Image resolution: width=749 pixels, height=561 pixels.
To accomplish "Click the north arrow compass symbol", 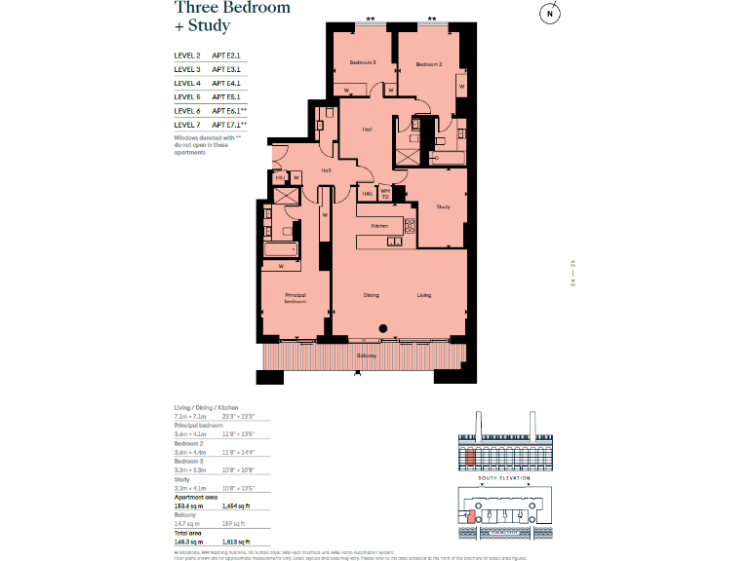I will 551,14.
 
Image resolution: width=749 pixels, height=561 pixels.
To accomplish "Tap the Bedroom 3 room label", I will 363,63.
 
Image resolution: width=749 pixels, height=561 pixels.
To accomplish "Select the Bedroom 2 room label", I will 429,64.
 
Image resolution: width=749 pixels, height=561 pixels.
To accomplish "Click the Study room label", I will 443,206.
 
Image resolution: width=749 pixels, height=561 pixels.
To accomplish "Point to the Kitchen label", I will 379,226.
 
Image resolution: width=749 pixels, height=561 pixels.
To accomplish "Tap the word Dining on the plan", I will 372,294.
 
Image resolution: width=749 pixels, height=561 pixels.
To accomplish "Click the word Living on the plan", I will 424,294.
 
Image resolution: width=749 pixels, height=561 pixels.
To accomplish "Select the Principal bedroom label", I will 296,298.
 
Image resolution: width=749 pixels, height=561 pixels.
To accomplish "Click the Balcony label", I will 367,356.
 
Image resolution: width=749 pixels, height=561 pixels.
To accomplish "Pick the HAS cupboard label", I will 368,194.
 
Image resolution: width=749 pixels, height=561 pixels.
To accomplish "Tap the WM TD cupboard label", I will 385,193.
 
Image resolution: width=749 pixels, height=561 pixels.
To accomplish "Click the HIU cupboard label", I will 280,177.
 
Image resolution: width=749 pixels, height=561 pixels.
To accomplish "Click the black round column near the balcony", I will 384,328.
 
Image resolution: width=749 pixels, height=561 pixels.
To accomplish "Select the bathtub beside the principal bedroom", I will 282,250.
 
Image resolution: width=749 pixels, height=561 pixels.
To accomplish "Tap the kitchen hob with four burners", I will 409,225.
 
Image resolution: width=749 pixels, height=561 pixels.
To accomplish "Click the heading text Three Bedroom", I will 232,8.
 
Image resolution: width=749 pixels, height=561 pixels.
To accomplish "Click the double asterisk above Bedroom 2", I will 431,19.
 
